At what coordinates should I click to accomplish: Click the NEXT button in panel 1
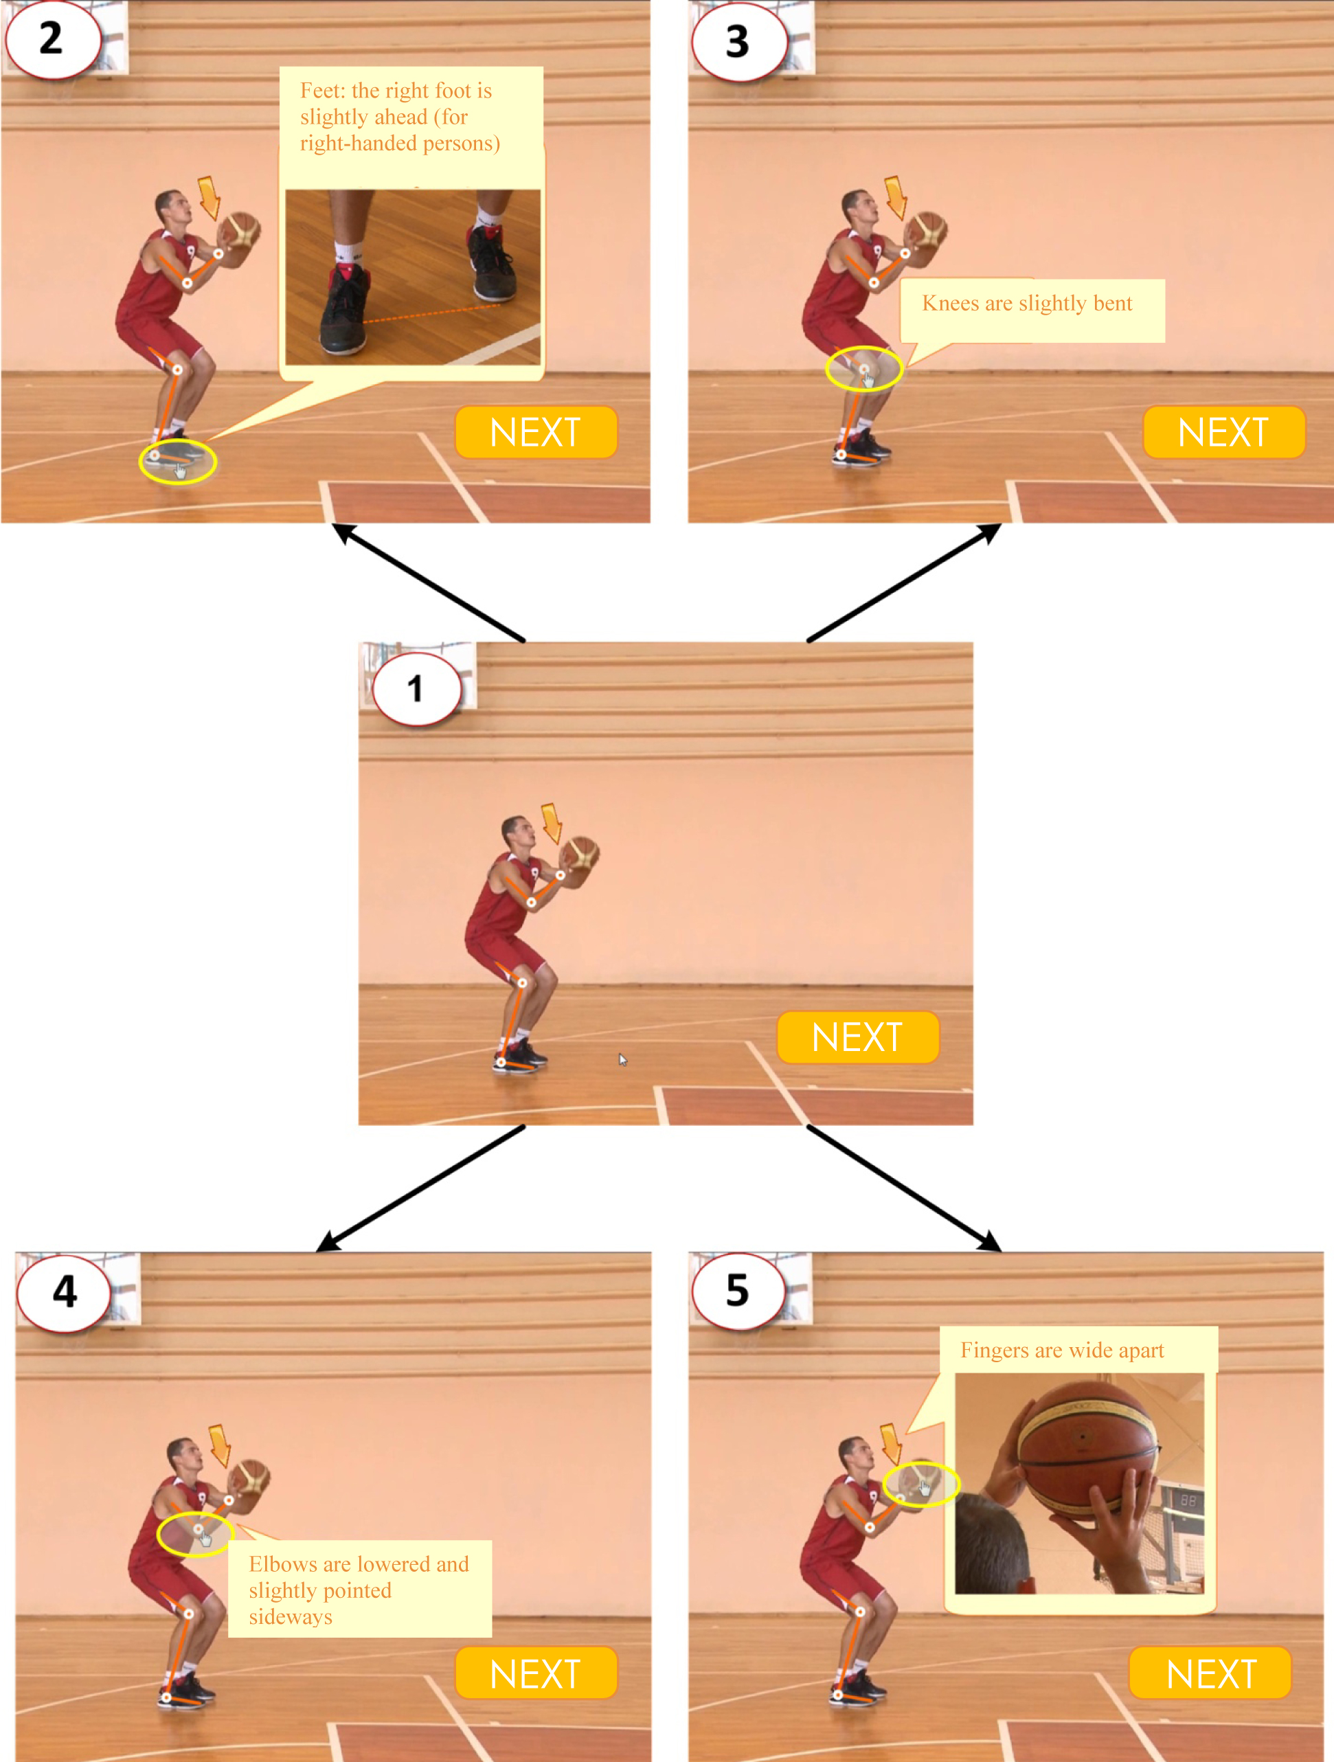point(858,1037)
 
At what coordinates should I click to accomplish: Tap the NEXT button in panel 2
point(536,433)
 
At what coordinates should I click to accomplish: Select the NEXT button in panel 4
point(536,1673)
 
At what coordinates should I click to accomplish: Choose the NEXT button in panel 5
point(1210,1673)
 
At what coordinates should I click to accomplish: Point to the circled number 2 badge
point(53,38)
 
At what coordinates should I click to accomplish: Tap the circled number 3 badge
point(739,41)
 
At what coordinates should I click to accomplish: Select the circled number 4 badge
point(64,1292)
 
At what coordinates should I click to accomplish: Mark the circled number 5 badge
point(738,1291)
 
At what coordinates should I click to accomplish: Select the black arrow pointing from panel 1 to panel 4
point(420,1188)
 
